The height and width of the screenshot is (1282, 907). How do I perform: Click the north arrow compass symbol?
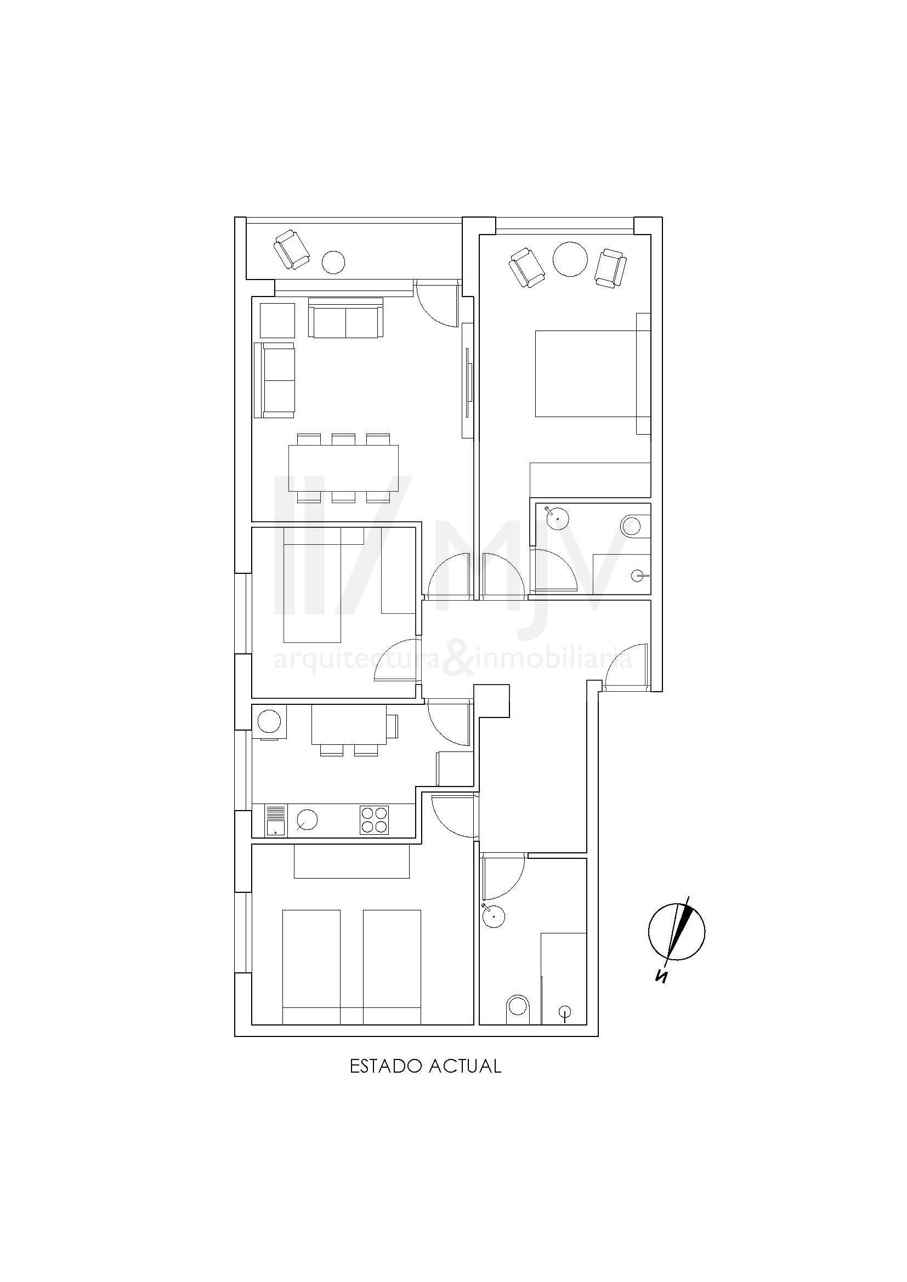click(676, 932)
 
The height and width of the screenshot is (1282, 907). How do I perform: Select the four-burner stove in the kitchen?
click(374, 821)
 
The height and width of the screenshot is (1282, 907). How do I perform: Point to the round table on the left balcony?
click(333, 262)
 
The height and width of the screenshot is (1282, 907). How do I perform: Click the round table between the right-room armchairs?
click(570, 259)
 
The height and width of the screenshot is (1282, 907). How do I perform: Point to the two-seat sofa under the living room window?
click(346, 318)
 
